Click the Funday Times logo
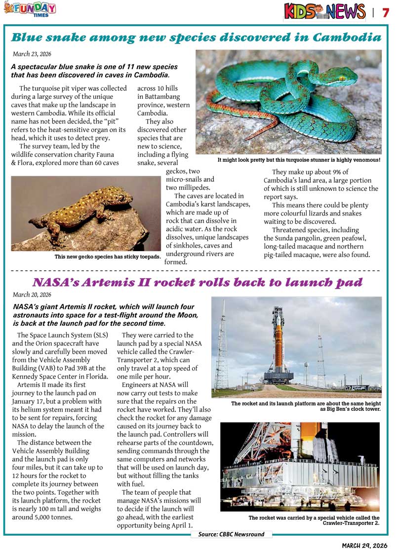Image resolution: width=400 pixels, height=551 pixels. tap(29, 8)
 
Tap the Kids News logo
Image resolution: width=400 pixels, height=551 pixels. tap(324, 11)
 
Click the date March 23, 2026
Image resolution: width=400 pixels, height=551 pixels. tap(32, 54)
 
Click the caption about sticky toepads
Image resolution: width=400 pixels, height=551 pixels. tap(108, 257)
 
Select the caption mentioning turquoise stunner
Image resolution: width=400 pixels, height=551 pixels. tap(299, 160)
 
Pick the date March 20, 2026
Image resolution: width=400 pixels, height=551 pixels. tap(32, 295)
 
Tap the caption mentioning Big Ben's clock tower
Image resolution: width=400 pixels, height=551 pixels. tap(306, 406)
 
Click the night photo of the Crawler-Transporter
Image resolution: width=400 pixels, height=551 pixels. tap(300, 466)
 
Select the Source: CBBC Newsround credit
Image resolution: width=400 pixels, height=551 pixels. tap(231, 534)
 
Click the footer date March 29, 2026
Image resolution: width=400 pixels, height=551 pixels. tap(365, 545)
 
